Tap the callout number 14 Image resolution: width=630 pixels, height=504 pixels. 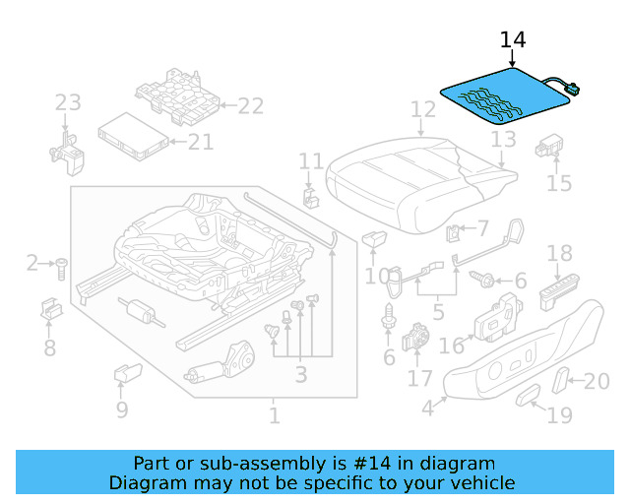513,40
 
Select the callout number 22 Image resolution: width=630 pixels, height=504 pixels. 251,106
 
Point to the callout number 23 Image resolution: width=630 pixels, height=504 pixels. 67,103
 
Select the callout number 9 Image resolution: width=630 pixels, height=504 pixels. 121,409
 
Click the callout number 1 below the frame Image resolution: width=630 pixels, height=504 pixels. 274,416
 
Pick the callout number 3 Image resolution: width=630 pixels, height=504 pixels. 300,374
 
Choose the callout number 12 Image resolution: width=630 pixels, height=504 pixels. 422,109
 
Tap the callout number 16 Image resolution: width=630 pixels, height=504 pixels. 451,346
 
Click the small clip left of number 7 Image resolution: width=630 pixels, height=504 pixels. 453,235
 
